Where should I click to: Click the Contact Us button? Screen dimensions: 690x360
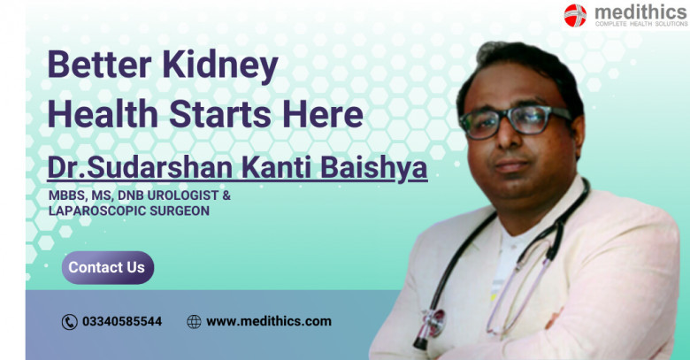pos(108,268)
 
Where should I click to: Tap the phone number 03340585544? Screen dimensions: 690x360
pos(122,322)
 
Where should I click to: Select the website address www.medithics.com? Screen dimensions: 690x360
pos(268,322)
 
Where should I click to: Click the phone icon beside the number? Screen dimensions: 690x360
pos(70,322)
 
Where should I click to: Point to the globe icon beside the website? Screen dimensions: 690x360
pos(194,322)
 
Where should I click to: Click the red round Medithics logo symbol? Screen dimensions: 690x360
pos(575,15)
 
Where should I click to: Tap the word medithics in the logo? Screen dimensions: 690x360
pos(640,11)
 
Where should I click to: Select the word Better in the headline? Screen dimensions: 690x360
pos(99,65)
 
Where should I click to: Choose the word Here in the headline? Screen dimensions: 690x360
pos(323,113)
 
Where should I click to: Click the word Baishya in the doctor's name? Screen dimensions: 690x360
pos(373,168)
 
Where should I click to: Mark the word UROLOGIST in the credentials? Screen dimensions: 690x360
pos(182,195)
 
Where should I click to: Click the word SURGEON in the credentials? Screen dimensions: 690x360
pos(180,211)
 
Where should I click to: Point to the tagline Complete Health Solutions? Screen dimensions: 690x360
pos(641,24)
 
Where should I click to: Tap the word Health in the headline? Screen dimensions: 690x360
pos(103,113)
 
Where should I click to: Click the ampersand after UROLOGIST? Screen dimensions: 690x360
pos(226,195)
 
